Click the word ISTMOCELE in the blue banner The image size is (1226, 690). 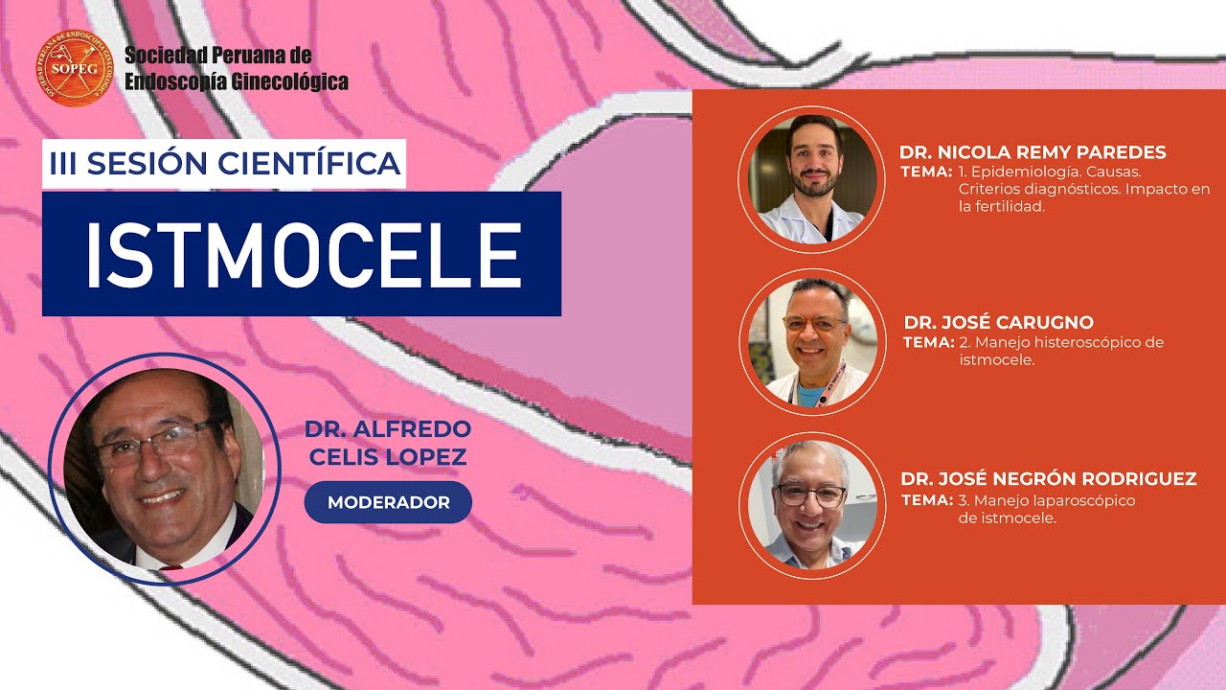[302, 254]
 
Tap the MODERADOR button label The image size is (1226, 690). [388, 503]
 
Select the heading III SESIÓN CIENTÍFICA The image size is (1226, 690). [225, 164]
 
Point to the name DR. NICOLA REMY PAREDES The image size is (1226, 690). [1033, 152]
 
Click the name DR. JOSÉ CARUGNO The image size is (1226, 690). [998, 322]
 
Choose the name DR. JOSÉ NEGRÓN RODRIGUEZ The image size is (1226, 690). [1049, 478]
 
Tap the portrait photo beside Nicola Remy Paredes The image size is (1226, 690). [812, 179]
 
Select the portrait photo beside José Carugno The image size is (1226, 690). [812, 343]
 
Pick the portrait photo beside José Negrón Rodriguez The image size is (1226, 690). [812, 504]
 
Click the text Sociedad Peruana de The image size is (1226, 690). [217, 56]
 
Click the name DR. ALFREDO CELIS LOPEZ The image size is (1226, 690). [387, 443]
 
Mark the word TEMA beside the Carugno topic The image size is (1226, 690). [928, 342]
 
